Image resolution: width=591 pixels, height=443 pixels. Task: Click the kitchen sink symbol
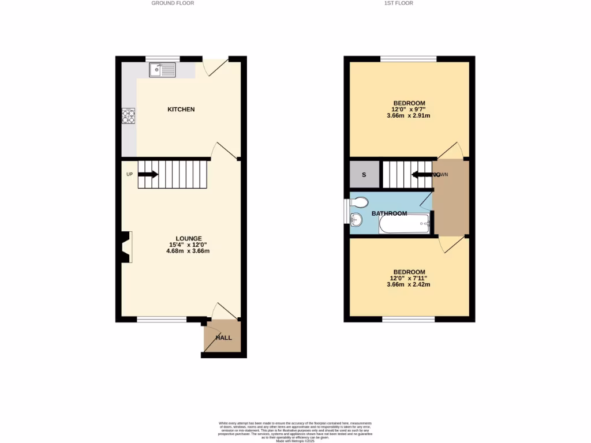162,70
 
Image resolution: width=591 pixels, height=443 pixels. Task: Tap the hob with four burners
128,116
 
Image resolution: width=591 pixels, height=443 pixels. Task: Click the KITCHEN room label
181,110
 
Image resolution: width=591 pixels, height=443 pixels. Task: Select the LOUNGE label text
189,238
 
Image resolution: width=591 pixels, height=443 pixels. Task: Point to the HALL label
223,338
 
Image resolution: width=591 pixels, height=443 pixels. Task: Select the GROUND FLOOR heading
173,3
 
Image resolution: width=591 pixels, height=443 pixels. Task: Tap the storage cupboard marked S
364,174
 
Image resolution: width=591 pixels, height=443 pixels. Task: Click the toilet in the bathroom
360,202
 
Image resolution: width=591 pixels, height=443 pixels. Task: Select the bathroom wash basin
356,219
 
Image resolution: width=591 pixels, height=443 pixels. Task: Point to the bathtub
405,224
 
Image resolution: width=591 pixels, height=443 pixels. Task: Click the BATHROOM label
389,213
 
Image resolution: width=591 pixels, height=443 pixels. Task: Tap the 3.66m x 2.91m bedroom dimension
408,116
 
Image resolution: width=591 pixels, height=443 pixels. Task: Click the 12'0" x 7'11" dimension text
409,278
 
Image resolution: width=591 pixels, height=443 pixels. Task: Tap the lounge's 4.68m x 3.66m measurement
189,251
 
